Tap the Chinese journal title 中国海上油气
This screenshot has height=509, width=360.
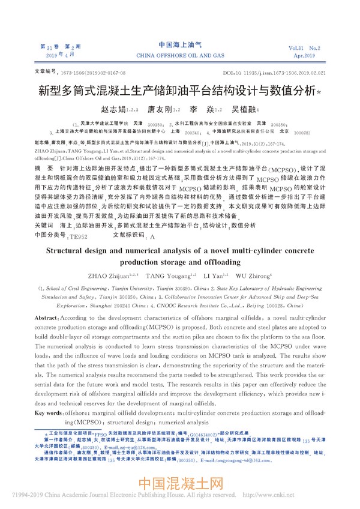tap(179, 45)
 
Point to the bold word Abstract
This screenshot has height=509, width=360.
tap(48, 316)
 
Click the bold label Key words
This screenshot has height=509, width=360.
tap(50, 414)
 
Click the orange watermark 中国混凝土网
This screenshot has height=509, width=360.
tap(180, 484)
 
